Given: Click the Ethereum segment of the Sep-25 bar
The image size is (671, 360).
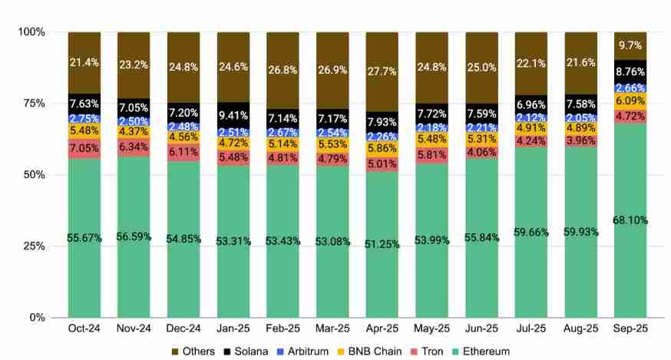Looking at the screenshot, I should point(630,253).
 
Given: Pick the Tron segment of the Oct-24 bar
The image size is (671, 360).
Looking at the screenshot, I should point(84,148).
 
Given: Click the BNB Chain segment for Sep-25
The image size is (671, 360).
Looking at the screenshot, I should point(630,101).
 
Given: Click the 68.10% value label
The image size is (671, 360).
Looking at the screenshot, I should point(630,220).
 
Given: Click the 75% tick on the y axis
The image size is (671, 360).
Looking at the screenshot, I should point(32,104).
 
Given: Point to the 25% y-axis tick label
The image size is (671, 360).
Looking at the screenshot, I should point(32,246).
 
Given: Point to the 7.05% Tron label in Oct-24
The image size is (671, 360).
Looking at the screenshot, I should point(84,148).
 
